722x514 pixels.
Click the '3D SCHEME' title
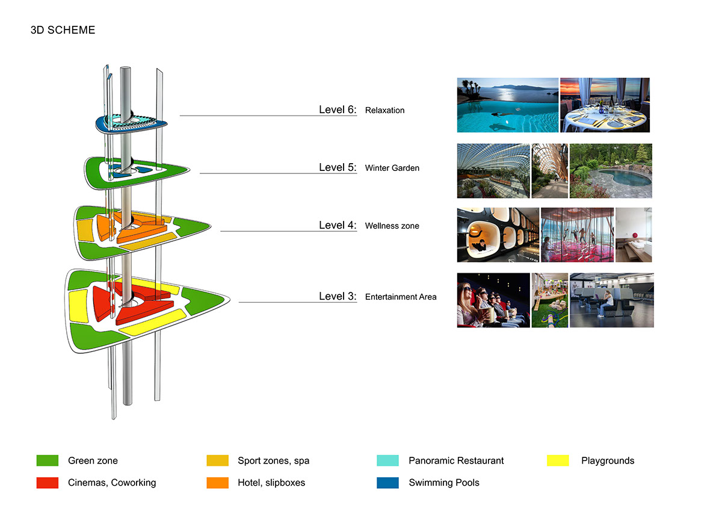click(x=63, y=29)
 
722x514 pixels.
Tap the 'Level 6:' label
click(x=338, y=110)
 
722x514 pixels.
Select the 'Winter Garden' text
click(x=392, y=168)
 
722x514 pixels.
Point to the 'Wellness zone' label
click(x=392, y=226)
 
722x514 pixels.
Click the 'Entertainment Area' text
click(x=401, y=297)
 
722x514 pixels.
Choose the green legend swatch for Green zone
click(x=47, y=461)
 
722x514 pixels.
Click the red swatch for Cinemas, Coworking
click(x=47, y=483)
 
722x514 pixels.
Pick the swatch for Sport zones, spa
click(x=217, y=461)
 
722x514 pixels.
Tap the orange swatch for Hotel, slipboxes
click(x=217, y=483)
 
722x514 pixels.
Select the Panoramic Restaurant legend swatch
click(x=387, y=461)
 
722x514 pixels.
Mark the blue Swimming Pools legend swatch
click(x=387, y=483)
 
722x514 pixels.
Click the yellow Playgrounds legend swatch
click(x=558, y=461)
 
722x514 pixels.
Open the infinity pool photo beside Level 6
click(x=507, y=105)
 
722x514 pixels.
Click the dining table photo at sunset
click(x=605, y=105)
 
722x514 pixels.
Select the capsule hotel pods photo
click(x=498, y=235)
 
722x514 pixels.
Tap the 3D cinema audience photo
click(x=493, y=300)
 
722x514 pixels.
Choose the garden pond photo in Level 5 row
click(x=611, y=171)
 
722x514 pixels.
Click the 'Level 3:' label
click(x=338, y=296)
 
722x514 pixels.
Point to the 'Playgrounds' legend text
click(x=608, y=461)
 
